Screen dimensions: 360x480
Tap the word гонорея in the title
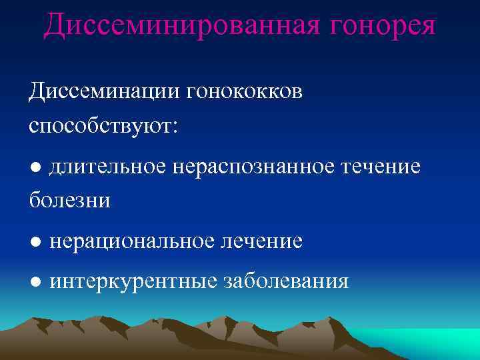[375, 26]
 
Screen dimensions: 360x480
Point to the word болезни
[69, 200]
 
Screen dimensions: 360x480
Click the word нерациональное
[137, 241]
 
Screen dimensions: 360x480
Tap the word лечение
[267, 241]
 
